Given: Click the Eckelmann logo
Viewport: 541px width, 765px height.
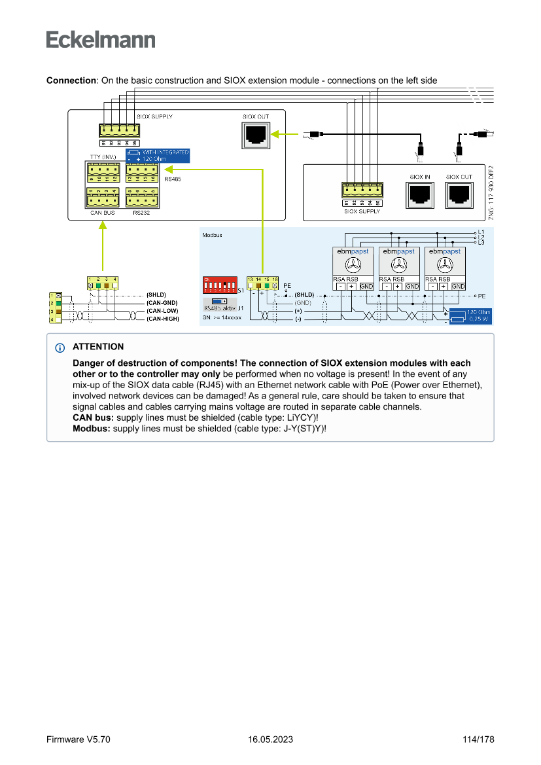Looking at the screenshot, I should [101, 40].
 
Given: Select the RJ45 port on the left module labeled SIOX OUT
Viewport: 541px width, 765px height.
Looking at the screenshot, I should [255, 134].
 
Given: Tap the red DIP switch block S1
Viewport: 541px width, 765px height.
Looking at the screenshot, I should [219, 286].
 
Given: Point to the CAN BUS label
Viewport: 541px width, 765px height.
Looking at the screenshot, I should [102, 213].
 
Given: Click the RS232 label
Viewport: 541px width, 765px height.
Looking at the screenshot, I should [141, 213].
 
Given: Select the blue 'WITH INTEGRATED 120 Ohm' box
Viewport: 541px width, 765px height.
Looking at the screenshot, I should [158, 156].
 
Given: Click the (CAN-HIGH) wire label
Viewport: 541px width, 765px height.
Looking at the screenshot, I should [163, 318].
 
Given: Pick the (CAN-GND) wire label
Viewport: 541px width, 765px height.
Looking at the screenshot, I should [162, 302].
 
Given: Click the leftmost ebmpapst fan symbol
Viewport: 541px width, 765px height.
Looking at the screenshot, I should [353, 265].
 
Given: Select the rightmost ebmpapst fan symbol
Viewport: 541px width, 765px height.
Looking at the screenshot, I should [445, 265].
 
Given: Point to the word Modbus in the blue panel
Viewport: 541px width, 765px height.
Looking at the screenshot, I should [212, 235].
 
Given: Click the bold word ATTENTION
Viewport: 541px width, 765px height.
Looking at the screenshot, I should [98, 347].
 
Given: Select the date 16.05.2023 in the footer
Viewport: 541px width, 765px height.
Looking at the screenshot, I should [270, 739].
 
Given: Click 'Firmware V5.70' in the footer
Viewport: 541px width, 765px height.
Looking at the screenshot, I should [78, 739].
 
